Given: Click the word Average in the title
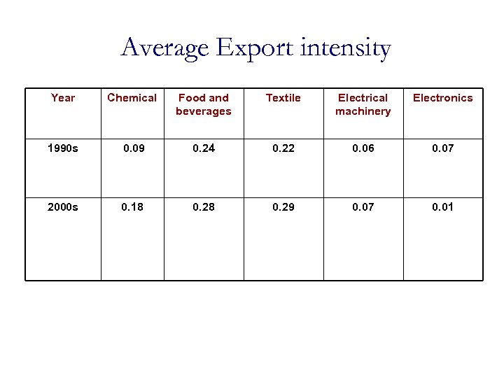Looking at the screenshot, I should point(165,49).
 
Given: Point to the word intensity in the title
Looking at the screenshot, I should point(347,49).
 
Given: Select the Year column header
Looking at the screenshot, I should point(63,98).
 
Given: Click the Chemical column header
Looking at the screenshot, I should point(132,98).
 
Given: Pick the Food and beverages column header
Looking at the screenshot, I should point(204,104).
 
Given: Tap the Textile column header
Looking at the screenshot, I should point(283,98).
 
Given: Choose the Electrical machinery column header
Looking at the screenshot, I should point(363,104).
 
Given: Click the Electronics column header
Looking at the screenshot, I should point(442,98).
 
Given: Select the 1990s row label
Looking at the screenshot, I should point(63,148).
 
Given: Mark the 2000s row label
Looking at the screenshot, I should point(63,207).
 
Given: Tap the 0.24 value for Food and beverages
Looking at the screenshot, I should point(204,148).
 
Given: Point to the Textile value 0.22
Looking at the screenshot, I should point(283,148).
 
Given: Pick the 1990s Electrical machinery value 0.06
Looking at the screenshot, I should point(363,148).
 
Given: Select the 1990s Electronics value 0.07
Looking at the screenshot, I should point(442,148).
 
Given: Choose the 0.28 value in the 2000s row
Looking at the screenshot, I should point(204,207).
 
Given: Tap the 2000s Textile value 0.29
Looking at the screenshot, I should point(283,207).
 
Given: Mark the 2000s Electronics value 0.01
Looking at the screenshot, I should point(442,207).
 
